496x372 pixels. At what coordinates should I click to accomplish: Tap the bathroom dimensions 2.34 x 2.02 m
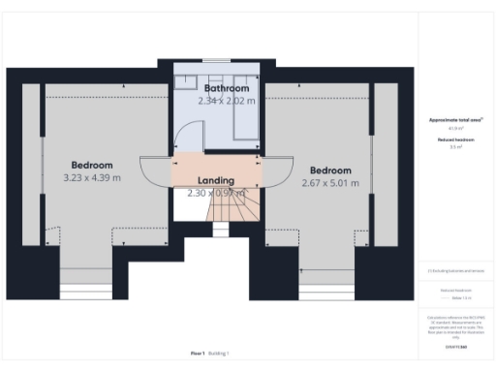click(226, 100)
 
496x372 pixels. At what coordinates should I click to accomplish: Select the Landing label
click(215, 181)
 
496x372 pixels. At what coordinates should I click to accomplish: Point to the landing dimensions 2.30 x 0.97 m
click(218, 193)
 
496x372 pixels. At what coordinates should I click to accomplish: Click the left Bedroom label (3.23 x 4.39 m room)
click(92, 165)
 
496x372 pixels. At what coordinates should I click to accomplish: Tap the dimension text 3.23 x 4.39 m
click(92, 177)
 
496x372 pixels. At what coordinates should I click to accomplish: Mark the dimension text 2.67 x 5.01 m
click(329, 182)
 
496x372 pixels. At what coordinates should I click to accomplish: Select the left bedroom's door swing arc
click(155, 172)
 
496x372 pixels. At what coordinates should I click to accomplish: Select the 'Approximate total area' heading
click(455, 120)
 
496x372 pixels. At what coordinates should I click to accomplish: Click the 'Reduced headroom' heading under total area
click(455, 139)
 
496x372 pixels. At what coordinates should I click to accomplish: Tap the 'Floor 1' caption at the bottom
click(197, 354)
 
